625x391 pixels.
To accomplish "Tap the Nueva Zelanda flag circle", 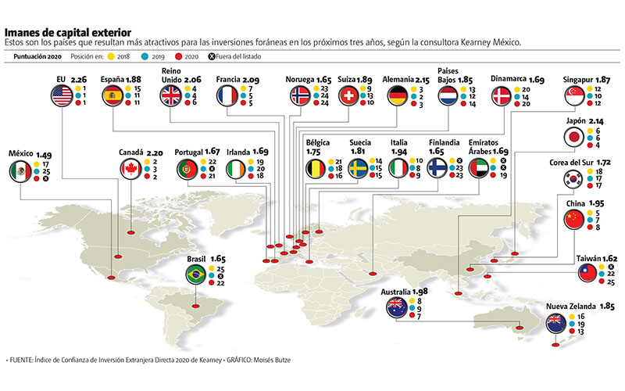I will pos(558,321).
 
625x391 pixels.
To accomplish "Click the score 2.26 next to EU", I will pos(80,79).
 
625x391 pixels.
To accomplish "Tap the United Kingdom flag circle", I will pos(171,95).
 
